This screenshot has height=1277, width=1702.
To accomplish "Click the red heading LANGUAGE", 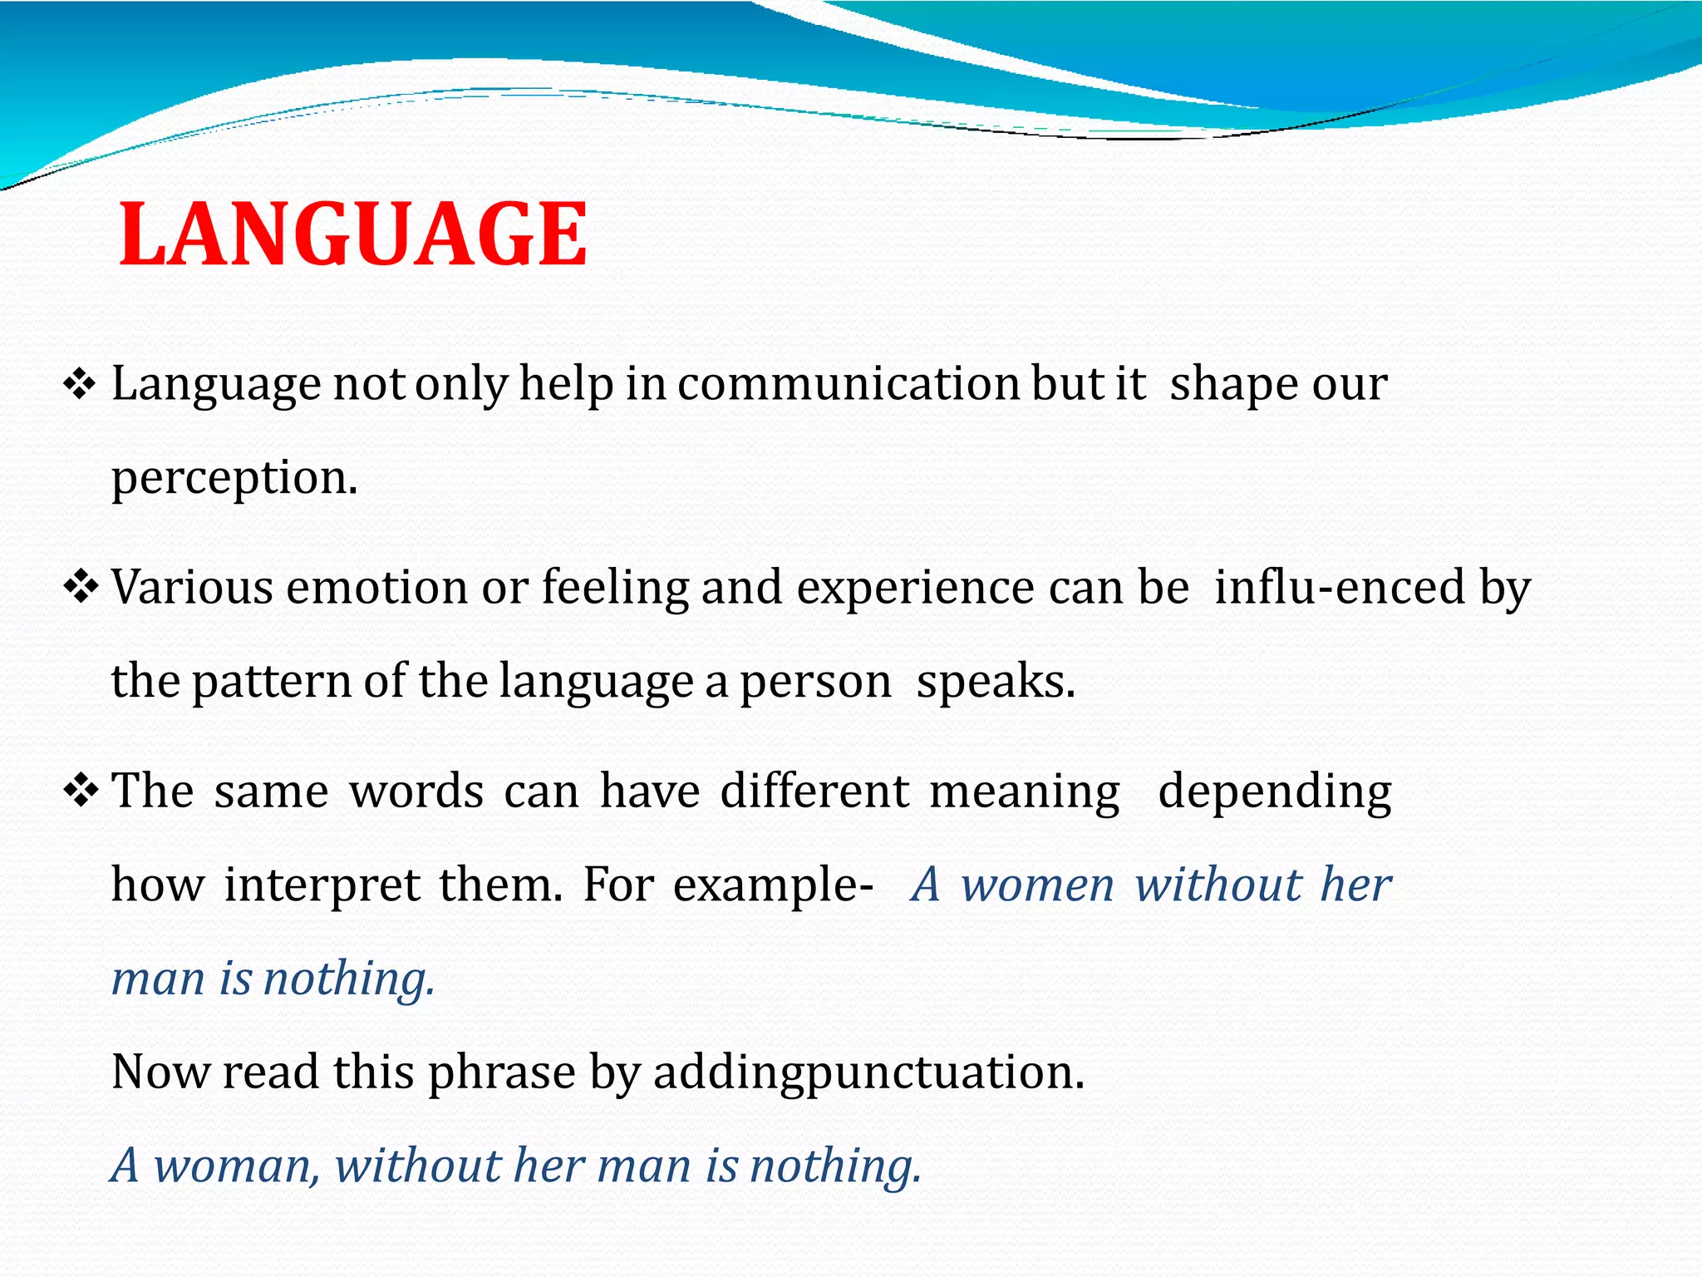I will point(353,235).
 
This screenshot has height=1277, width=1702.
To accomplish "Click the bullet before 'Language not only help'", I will point(80,385).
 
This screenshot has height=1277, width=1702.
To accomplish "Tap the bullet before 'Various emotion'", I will point(80,588).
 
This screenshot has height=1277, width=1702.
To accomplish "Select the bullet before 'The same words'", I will point(80,791).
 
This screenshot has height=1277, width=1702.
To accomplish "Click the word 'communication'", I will point(849,385).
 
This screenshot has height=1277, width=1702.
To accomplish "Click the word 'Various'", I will point(192,588).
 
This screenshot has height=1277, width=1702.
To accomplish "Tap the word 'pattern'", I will point(273,682).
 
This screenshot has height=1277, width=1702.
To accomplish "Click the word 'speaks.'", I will point(996,682).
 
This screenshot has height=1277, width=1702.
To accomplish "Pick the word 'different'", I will point(814,791).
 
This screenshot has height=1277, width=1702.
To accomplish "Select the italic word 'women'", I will point(1037,885).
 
